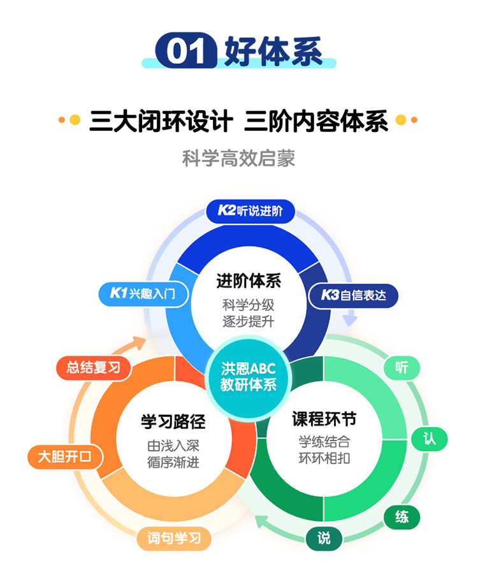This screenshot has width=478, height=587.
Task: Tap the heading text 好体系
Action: pos(273,50)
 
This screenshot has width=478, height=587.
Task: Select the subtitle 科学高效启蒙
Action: pos(238,157)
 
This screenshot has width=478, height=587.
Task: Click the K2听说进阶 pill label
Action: pos(250,211)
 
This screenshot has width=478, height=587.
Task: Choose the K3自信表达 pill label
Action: pos(353,295)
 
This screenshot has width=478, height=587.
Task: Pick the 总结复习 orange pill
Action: pos(94,368)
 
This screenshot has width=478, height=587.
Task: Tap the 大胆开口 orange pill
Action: pos(64,456)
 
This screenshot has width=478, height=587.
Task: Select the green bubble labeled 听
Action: pos(402,368)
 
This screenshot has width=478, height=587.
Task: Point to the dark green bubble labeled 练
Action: pos(402,517)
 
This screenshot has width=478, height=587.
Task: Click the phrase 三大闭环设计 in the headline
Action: pos(159,120)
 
